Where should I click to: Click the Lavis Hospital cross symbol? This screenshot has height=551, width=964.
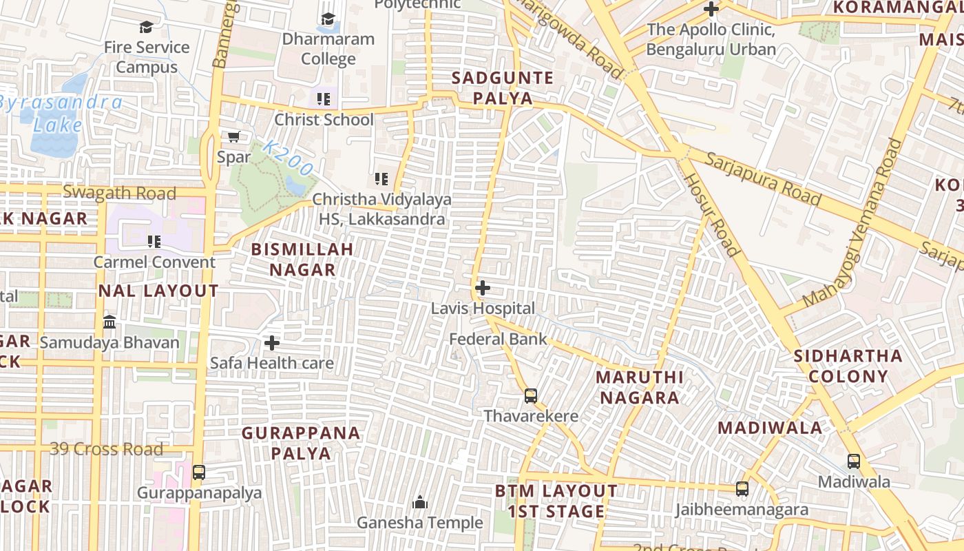tap(483, 288)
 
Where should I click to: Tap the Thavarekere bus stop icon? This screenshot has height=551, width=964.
tap(531, 396)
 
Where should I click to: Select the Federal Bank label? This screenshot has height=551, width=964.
tap(498, 339)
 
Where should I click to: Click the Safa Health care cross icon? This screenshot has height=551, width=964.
tap(272, 342)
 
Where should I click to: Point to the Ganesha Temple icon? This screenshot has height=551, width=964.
tap(420, 503)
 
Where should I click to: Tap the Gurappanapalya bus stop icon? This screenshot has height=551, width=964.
tap(199, 472)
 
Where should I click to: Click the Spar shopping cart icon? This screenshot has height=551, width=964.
tap(233, 136)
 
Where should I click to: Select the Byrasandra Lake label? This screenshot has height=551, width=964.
tap(61, 114)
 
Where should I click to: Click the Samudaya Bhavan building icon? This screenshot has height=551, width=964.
tap(109, 322)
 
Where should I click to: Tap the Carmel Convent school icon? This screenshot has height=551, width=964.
tap(154, 241)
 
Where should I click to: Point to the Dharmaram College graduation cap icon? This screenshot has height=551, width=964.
tap(328, 19)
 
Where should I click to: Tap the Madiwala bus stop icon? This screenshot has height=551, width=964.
tap(854, 461)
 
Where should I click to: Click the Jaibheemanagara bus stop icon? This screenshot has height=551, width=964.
tap(742, 489)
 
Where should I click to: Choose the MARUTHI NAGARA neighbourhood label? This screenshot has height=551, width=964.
tap(639, 387)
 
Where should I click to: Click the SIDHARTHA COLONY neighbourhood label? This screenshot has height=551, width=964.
tap(848, 366)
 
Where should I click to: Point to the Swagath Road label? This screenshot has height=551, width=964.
tap(119, 193)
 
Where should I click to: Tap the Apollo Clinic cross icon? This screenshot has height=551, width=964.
tap(711, 9)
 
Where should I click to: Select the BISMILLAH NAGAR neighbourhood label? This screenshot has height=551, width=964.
tap(302, 259)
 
